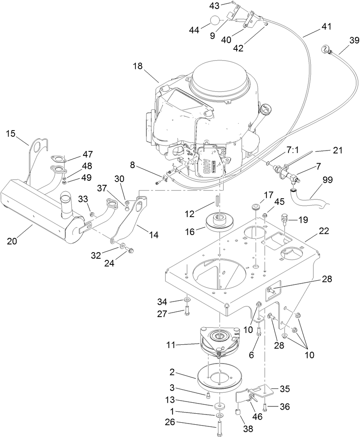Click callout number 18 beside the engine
coord(138,67)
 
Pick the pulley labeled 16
coord(219,223)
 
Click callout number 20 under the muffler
coord(12,241)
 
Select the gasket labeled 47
coord(58,158)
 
